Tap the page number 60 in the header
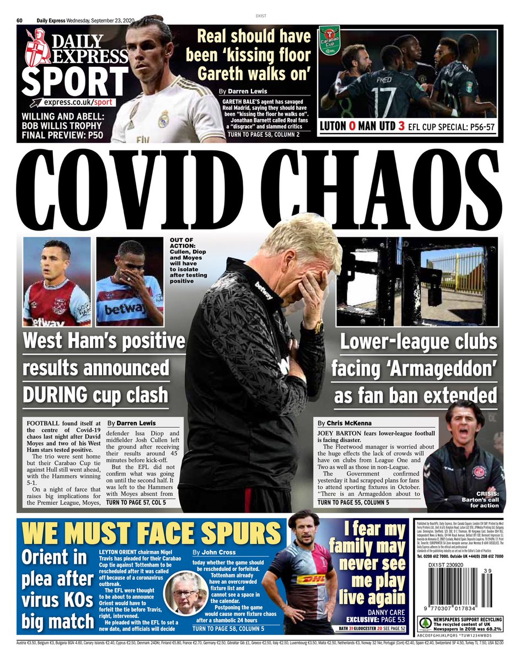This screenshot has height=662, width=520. [x=19, y=20]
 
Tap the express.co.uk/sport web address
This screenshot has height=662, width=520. [x=81, y=103]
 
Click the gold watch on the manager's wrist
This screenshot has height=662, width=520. [x=318, y=327]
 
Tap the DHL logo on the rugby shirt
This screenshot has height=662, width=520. [x=311, y=580]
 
